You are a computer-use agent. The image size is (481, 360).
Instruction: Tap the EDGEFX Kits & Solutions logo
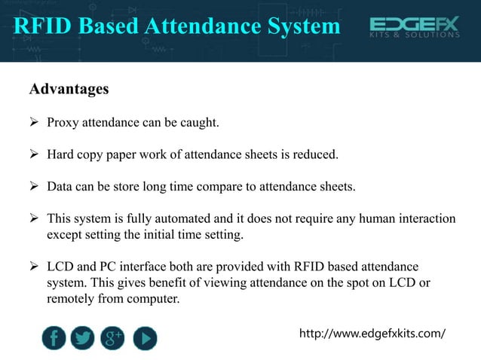coord(414,29)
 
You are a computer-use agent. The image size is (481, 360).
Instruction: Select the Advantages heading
coord(69,89)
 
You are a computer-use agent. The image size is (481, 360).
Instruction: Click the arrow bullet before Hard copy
coord(34,155)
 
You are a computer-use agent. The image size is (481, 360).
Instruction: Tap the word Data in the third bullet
coord(60,187)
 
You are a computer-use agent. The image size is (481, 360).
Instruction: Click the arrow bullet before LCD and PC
coord(34,267)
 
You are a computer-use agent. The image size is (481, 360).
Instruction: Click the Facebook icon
coord(54,337)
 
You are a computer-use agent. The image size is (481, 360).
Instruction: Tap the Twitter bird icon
coord(83,337)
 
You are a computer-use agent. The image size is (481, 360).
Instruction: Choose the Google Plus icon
coord(113,337)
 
